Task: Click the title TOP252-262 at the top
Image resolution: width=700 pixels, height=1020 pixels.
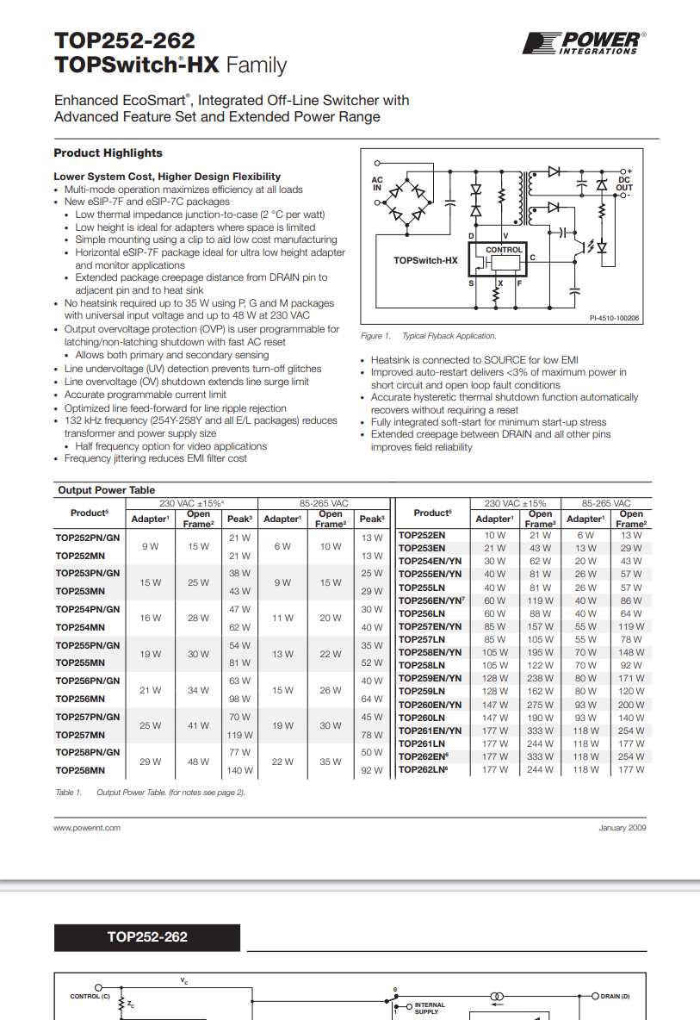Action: (x=124, y=40)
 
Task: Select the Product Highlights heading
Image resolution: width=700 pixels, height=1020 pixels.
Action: (x=108, y=153)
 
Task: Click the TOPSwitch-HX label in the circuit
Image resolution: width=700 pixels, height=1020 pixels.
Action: (x=425, y=260)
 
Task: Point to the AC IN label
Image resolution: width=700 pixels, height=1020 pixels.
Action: (x=376, y=183)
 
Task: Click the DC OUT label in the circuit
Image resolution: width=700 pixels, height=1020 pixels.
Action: (x=624, y=183)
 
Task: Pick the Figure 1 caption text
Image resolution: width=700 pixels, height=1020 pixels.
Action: (x=428, y=336)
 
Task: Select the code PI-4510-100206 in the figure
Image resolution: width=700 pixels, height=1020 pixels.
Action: (x=614, y=318)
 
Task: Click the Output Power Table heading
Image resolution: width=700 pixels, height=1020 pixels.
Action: (x=107, y=490)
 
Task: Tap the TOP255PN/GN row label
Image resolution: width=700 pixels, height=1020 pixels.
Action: (x=88, y=645)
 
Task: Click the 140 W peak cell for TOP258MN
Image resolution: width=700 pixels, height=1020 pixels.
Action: (x=240, y=771)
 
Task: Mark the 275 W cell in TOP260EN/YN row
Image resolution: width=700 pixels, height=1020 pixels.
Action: (x=540, y=705)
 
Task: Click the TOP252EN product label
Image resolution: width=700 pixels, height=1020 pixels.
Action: (x=422, y=535)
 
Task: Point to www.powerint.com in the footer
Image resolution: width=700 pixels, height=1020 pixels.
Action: (x=87, y=828)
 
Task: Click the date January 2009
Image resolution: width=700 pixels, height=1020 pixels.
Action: (x=622, y=828)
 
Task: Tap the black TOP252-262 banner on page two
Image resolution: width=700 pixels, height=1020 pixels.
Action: (x=147, y=937)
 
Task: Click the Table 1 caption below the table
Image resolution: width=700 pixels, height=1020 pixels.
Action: (x=150, y=793)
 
